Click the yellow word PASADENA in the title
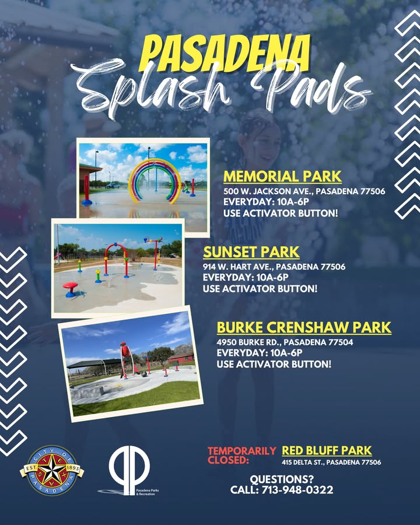point(225,54)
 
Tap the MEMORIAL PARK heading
point(282,176)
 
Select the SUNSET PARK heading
point(251,252)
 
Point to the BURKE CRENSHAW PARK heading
point(304,327)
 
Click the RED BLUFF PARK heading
point(327,451)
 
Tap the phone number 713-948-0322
point(297,490)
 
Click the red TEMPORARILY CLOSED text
point(242,456)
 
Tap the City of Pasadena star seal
point(51,470)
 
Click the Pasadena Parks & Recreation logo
point(129,470)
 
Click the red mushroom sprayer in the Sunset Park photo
point(71,289)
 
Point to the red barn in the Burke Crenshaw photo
point(180,358)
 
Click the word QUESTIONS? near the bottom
point(282,479)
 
